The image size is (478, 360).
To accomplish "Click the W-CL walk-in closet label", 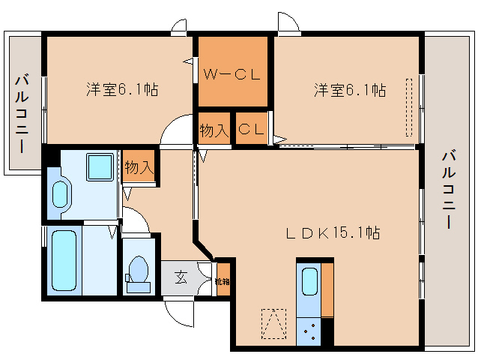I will [232, 73].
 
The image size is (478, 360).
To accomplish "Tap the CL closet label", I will [251, 129].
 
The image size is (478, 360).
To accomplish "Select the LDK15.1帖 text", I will [333, 233].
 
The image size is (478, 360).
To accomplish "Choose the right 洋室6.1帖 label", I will [349, 91].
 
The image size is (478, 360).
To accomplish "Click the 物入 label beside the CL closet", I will [214, 130].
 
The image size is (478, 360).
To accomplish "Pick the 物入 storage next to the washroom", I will [139, 168].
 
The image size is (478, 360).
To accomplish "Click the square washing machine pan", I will [99, 166].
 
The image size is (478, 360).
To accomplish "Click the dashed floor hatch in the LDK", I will [273, 325].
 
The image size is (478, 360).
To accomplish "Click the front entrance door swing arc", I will [180, 309].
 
